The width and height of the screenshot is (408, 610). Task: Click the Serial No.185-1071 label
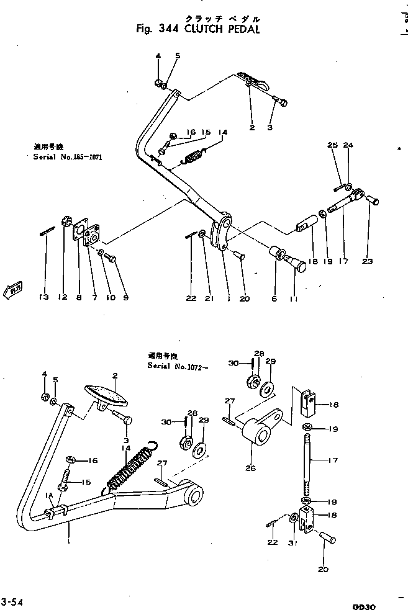67,158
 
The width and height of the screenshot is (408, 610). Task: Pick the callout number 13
43,298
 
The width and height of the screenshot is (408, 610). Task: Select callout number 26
250,467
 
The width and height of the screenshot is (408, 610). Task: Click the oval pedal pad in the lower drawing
106,397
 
